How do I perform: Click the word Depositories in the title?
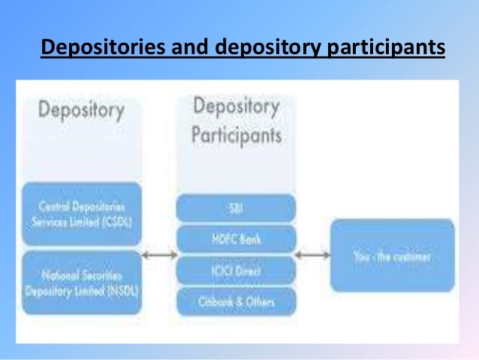click(94, 47)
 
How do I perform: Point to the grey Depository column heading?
click(81, 110)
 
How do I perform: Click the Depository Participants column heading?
click(236, 121)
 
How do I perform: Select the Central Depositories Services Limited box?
click(82, 213)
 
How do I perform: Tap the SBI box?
click(236, 207)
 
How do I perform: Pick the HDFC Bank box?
click(236, 238)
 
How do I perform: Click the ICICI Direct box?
click(236, 270)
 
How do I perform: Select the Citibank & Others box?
click(236, 301)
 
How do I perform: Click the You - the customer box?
click(392, 256)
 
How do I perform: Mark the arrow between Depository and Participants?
click(159, 256)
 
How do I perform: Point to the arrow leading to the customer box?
click(312, 256)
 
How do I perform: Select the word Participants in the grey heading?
click(236, 135)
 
